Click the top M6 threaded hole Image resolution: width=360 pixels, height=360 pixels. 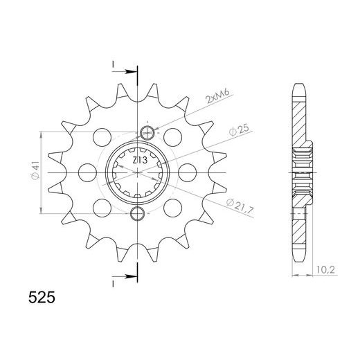[x=146, y=133]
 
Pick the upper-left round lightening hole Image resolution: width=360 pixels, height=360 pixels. [x=101, y=135]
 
